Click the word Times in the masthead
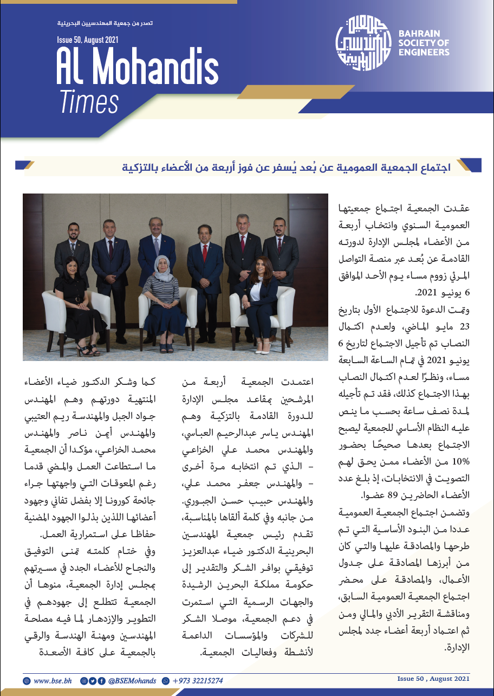[x=89, y=102]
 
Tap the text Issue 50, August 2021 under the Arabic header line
[x=88, y=40]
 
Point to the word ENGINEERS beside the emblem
[x=424, y=53]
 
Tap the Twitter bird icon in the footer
[x=93, y=680]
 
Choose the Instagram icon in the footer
[x=84, y=680]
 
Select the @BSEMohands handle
[x=132, y=680]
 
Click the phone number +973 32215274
[x=197, y=680]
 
